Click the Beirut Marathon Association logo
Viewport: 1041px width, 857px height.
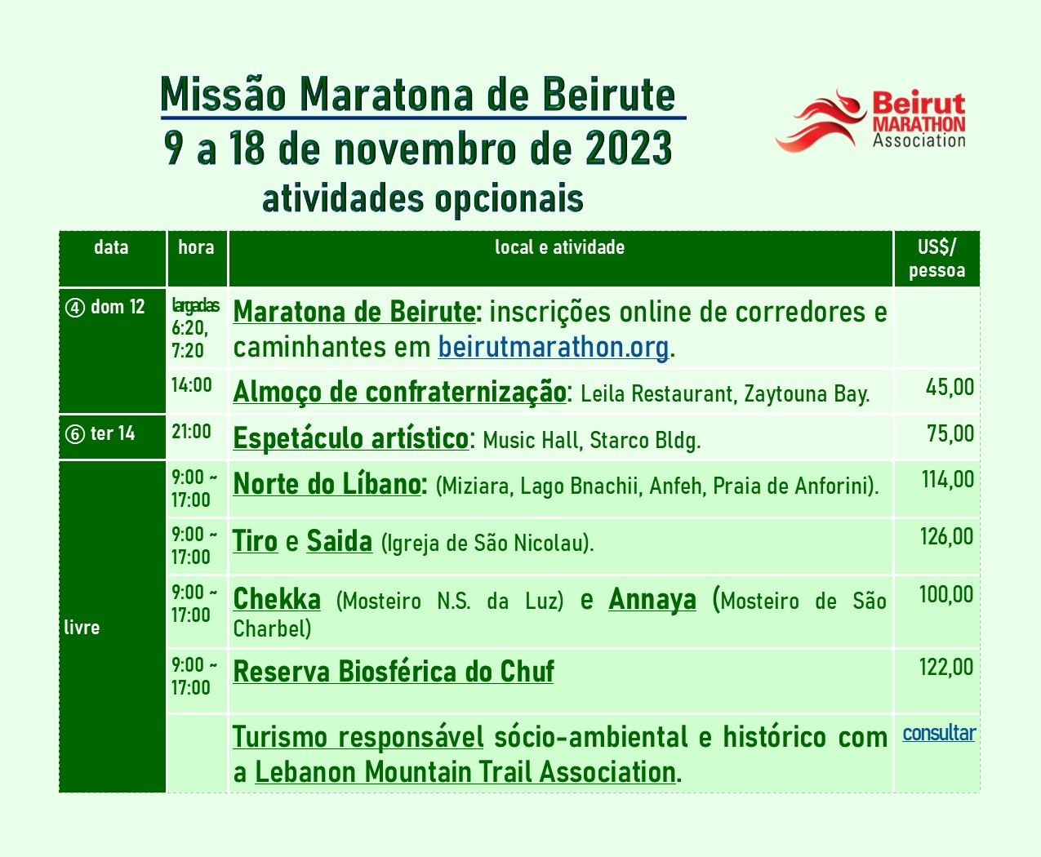tap(870, 121)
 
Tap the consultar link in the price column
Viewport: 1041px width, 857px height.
tap(939, 733)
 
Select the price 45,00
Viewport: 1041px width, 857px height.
tap(950, 388)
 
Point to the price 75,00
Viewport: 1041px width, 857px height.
tap(950, 433)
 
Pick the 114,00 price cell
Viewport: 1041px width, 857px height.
tap(948, 480)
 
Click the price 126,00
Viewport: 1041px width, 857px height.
tap(947, 537)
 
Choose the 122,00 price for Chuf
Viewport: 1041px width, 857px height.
tap(946, 667)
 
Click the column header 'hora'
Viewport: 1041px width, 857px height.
tap(197, 247)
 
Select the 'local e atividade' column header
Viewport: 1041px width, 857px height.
tap(559, 247)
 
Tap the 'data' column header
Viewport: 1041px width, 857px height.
tap(111, 247)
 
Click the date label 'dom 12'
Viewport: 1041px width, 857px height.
tap(118, 307)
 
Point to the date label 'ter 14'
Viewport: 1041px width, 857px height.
tap(113, 433)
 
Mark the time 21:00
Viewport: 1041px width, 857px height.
tap(191, 432)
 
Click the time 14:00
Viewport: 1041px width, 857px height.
tap(191, 385)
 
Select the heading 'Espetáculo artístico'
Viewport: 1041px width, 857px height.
tap(351, 439)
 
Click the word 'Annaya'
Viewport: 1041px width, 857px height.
tap(652, 599)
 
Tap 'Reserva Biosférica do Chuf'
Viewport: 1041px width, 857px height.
tap(394, 672)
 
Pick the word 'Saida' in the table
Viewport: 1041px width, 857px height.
tap(340, 541)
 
